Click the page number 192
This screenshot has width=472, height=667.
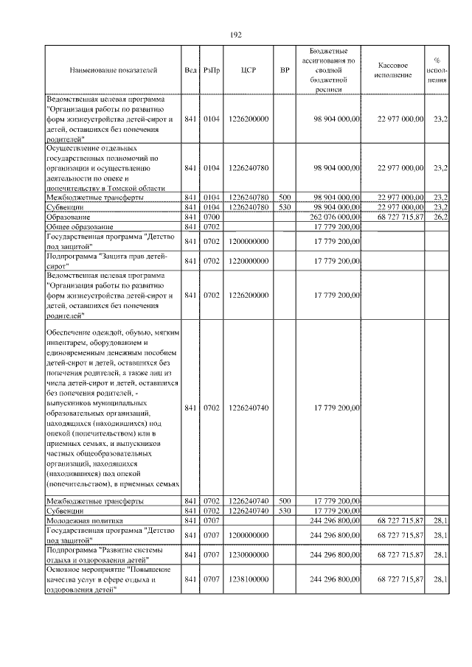click(236, 35)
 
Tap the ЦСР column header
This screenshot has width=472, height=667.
click(248, 71)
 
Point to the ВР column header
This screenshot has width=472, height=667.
click(285, 71)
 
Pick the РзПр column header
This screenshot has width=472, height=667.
click(211, 71)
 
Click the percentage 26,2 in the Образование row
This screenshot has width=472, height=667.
click(441, 217)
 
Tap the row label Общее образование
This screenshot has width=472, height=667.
click(80, 227)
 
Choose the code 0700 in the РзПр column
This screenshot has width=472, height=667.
click(212, 217)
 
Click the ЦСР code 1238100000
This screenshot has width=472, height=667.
click(248, 580)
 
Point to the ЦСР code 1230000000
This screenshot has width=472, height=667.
click(248, 554)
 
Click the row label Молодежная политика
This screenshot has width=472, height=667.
click(83, 520)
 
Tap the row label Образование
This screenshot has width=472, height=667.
click(68, 217)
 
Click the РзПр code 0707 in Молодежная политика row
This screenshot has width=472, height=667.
click(212, 520)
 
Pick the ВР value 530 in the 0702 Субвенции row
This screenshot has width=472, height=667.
click(285, 510)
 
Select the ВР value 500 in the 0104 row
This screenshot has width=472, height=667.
click(285, 198)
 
